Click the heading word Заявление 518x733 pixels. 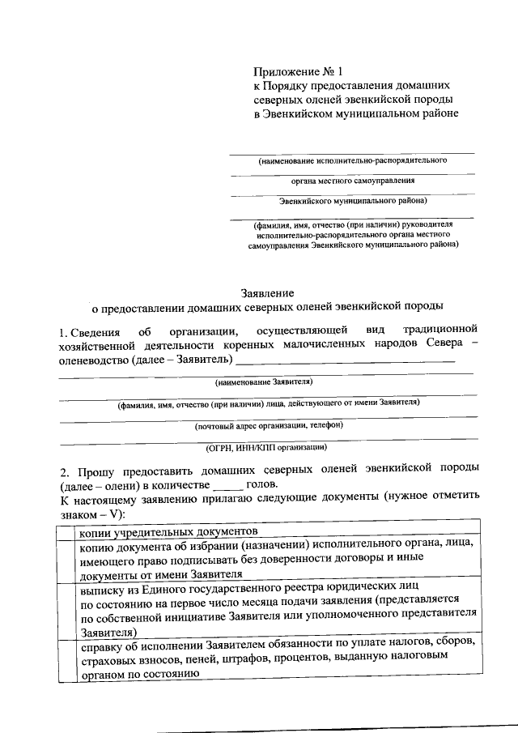(x=267, y=292)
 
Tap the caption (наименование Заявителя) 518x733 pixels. (x=263, y=381)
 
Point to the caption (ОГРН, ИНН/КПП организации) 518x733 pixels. (x=267, y=446)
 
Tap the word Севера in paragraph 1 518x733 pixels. (x=440, y=344)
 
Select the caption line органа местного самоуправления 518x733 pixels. (x=353, y=180)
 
